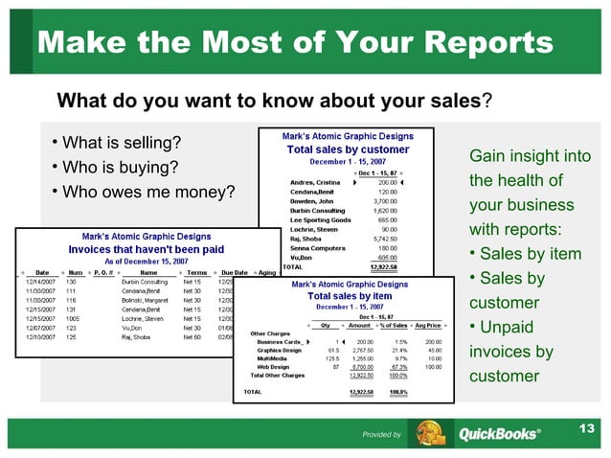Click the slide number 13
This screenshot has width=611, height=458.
[x=585, y=426]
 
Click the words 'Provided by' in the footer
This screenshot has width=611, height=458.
[x=381, y=435]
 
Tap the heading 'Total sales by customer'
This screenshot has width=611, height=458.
[x=349, y=149]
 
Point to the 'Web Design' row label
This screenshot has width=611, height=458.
[x=276, y=366]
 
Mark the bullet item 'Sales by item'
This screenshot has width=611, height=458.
[x=530, y=254]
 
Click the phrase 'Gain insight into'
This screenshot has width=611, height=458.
[x=530, y=156]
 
